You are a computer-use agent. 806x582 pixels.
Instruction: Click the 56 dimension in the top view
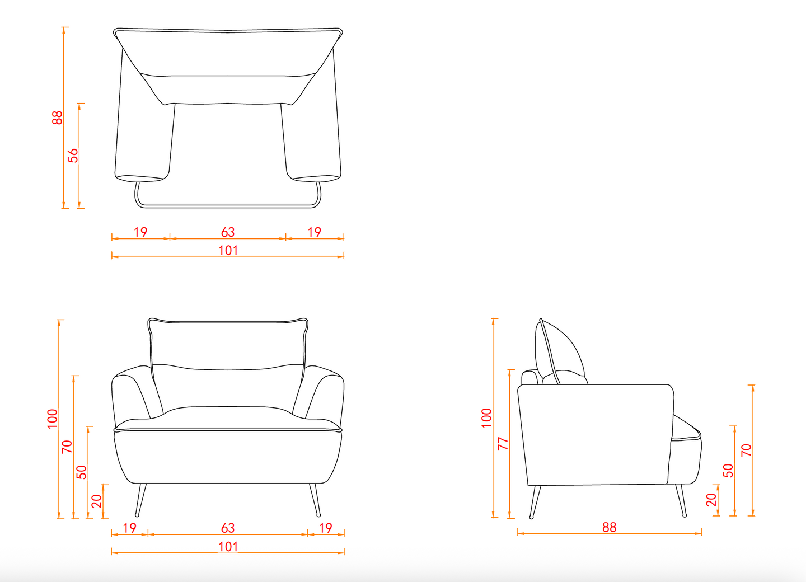[73, 156]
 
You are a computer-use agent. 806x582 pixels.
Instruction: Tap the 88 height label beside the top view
[57, 118]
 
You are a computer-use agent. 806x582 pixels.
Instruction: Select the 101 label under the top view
[228, 250]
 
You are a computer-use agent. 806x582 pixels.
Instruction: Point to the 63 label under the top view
[228, 232]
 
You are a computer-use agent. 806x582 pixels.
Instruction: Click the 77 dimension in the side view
[503, 444]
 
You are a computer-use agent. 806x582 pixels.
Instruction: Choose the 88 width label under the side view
[610, 527]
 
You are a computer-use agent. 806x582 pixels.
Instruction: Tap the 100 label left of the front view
[52, 419]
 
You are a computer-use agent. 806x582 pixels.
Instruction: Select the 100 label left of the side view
[486, 418]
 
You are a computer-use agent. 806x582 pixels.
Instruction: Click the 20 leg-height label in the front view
[96, 501]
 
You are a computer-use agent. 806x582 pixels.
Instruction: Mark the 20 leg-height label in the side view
[711, 500]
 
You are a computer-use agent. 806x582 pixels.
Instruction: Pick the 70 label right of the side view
[746, 450]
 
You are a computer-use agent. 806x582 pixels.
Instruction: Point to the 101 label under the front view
[228, 547]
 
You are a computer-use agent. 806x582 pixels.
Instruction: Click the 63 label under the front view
[228, 528]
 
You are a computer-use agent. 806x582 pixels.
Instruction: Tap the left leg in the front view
[140, 500]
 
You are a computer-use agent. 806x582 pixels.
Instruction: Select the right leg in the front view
[315, 500]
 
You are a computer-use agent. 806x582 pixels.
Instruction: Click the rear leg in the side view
[535, 502]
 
